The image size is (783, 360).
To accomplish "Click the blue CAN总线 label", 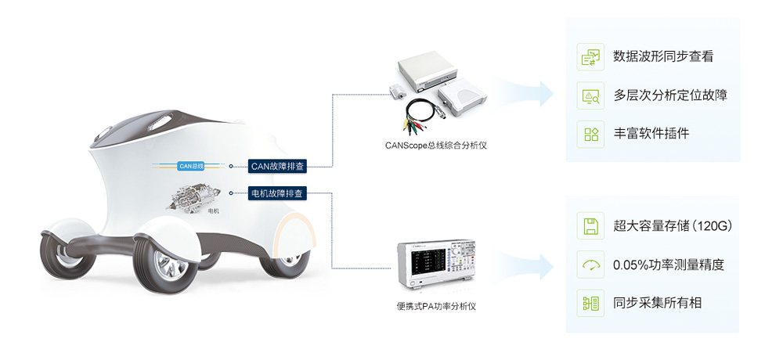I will (x=191, y=166).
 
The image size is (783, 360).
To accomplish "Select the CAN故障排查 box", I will (x=277, y=166).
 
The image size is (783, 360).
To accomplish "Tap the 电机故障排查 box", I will (x=277, y=193).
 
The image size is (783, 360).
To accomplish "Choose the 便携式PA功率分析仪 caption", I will (x=436, y=306).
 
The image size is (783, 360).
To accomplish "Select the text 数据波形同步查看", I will (x=663, y=56).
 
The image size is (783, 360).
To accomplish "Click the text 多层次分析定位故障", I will (x=670, y=95).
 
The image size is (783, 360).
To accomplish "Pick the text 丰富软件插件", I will (x=651, y=133).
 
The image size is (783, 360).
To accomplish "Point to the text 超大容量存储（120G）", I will (x=673, y=226).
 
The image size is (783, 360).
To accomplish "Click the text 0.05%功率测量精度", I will (x=669, y=265).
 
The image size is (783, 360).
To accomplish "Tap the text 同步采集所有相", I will (x=658, y=302).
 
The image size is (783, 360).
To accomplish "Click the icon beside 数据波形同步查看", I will (x=590, y=56).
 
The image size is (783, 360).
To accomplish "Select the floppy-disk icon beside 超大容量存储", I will (x=590, y=226).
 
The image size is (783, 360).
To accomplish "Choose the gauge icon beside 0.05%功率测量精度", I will (x=590, y=265).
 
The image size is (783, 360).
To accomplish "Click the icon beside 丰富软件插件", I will (x=590, y=133).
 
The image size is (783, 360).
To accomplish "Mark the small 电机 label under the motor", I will (x=213, y=211).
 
